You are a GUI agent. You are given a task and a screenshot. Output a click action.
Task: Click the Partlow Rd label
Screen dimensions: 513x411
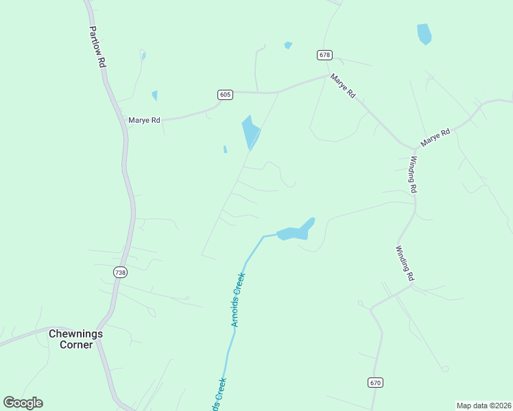tap(97, 47)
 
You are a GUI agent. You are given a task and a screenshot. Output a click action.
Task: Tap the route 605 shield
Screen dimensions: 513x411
tap(225, 95)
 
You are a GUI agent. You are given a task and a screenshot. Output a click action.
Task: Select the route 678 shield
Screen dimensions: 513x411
tap(325, 55)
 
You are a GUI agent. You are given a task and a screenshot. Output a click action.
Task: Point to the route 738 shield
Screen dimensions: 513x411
tap(121, 272)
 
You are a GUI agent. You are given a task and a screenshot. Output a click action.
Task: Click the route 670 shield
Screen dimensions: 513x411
tap(374, 382)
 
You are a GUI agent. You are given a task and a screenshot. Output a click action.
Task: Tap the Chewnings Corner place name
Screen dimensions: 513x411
tap(75, 339)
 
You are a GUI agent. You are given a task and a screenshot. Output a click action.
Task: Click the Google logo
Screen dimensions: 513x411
tap(23, 403)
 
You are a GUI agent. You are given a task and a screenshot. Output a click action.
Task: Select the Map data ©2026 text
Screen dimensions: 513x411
tap(484, 406)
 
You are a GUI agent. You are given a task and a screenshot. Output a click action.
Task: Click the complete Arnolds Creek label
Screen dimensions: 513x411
tap(238, 299)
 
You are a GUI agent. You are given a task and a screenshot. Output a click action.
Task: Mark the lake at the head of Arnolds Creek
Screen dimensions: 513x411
tap(296, 231)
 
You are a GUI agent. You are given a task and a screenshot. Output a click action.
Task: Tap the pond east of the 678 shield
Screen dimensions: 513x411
tap(425, 34)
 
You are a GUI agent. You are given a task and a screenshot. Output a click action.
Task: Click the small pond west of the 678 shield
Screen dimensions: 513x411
tap(288, 46)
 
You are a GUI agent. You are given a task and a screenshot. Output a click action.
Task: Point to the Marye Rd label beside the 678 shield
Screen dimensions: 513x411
tap(342, 86)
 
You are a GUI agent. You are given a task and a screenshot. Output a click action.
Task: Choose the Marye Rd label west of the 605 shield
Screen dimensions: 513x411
tap(144, 121)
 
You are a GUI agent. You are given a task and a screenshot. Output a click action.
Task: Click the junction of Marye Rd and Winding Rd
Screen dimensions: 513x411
tap(415, 148)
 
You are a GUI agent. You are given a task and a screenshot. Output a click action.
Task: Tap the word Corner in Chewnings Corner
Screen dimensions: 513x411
tap(75, 345)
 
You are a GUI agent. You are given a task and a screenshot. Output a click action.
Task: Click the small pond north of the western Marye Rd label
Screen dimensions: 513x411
tap(154, 95)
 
